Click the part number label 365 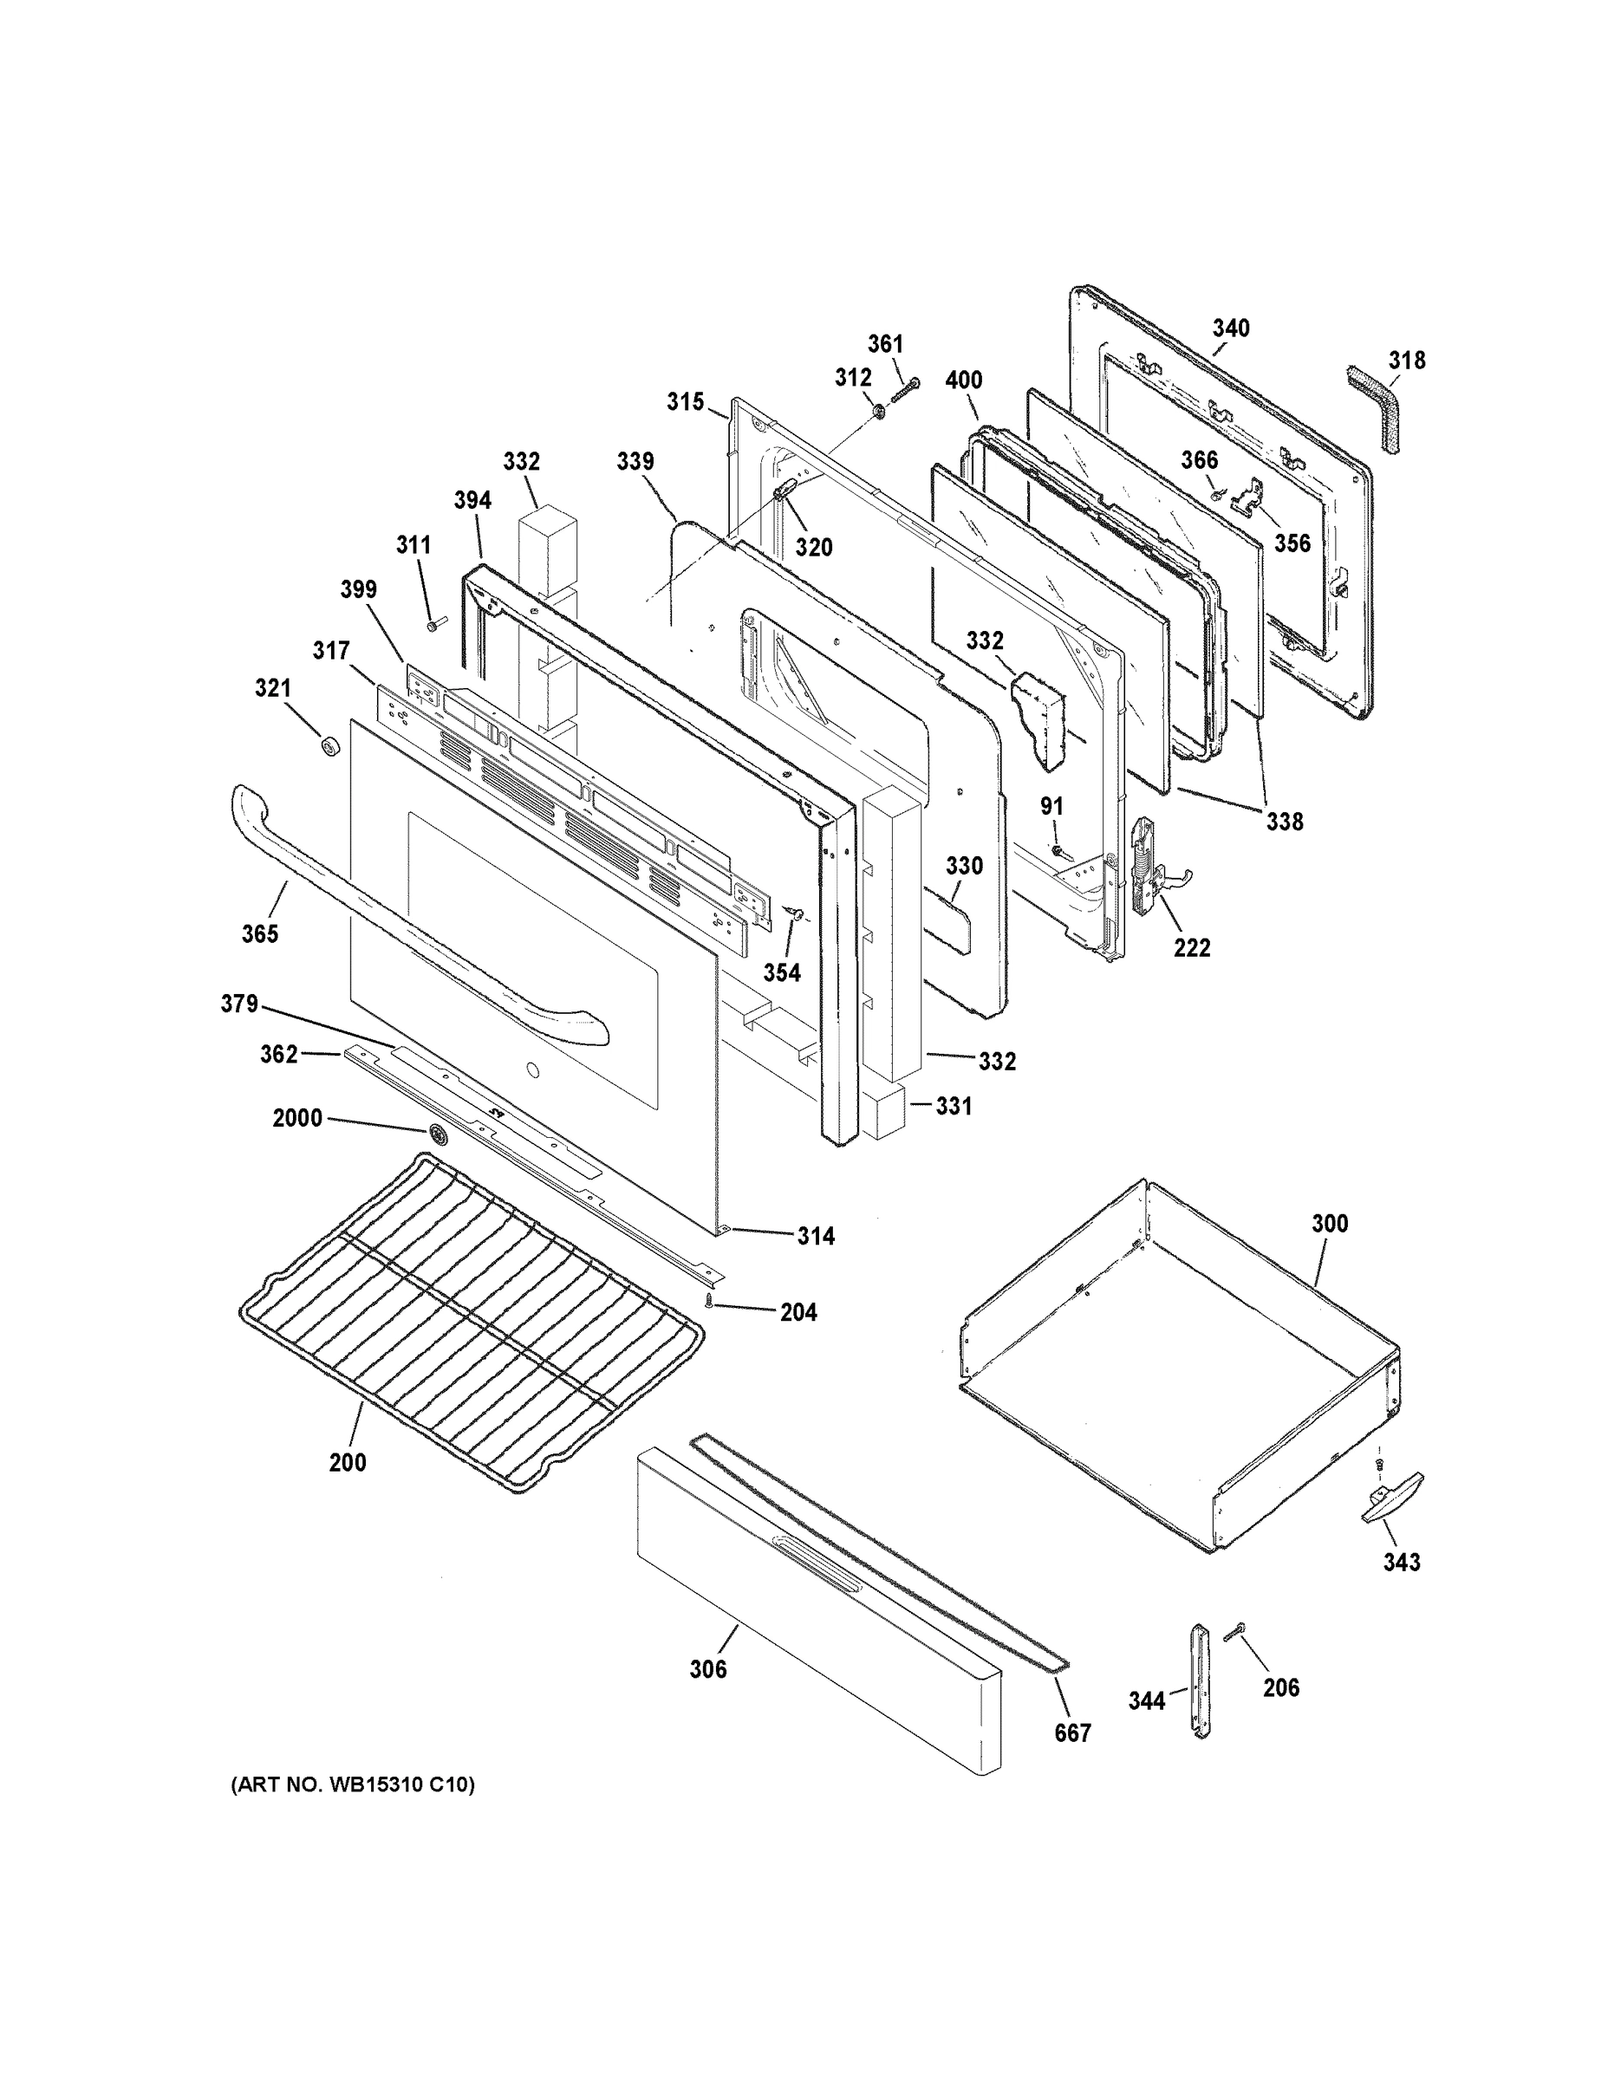click(259, 933)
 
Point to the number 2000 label click(297, 1118)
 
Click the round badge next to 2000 click(439, 1134)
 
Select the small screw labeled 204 click(710, 1302)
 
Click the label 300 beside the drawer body click(1330, 1223)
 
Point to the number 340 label click(1231, 328)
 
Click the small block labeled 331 click(882, 1110)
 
